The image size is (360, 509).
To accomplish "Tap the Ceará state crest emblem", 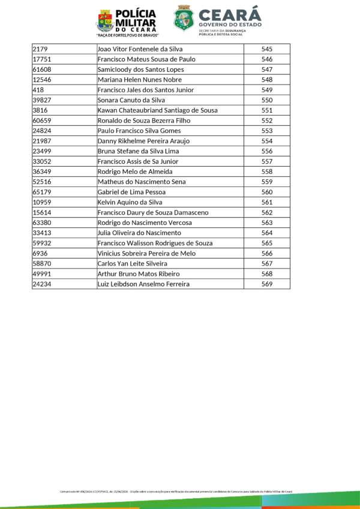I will pyautogui.click(x=184, y=19).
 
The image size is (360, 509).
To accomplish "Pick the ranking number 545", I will pyautogui.click(x=267, y=49).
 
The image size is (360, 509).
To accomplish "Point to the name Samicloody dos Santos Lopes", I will pyautogui.click(x=140, y=70).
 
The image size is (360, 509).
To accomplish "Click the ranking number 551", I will pyautogui.click(x=267, y=110).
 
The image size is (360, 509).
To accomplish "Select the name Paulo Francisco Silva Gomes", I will pyautogui.click(x=139, y=131).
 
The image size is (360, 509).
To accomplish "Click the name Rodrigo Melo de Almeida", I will pyautogui.click(x=134, y=171).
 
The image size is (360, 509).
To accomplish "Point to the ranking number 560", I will pyautogui.click(x=267, y=192).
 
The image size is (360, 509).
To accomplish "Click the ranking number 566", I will pyautogui.click(x=267, y=253).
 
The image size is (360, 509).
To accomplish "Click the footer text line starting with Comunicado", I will pyautogui.click(x=176, y=491).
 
